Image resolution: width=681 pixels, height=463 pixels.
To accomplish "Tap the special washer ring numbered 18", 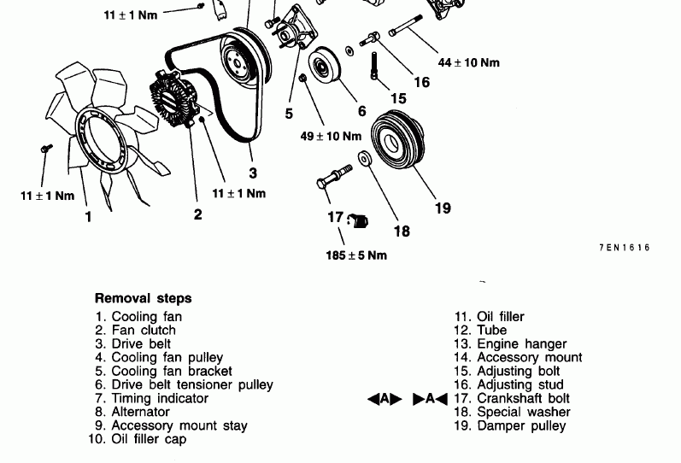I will (365, 159).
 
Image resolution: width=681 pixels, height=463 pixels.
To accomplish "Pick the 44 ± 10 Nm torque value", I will (468, 62).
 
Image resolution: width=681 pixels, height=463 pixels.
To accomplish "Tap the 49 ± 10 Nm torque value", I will (331, 136).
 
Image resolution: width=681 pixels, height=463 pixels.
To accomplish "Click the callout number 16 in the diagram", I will (421, 83).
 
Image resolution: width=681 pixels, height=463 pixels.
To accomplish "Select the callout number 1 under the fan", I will (88, 217).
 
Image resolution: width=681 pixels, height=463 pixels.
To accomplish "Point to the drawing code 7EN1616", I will (624, 248).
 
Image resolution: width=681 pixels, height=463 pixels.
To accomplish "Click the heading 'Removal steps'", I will (143, 299).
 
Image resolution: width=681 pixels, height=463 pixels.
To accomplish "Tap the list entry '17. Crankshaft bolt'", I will (512, 398).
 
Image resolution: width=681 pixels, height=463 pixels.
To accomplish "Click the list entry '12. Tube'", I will (480, 330).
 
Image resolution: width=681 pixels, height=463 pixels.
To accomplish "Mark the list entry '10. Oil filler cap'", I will (137, 439).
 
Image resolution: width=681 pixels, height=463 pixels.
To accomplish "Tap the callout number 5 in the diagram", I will (289, 113).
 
